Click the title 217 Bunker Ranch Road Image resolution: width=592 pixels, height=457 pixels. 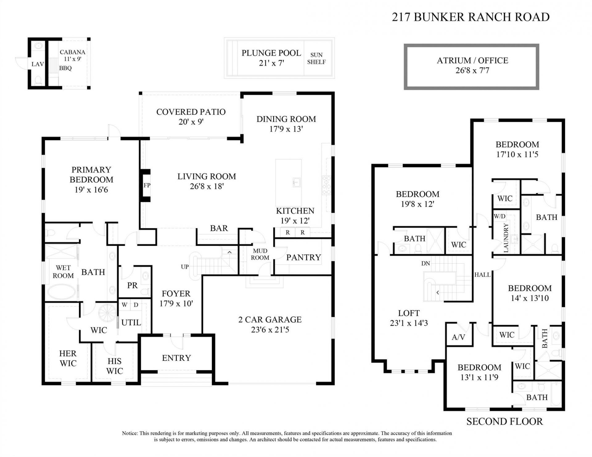471,17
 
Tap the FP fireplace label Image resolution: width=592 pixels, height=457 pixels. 147,185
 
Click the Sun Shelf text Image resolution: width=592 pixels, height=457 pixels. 316,58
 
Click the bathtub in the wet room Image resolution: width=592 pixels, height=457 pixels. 62,292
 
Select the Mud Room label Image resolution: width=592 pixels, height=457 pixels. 260,254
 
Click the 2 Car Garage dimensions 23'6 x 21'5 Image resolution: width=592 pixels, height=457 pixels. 270,330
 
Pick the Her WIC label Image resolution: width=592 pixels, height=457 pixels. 68,358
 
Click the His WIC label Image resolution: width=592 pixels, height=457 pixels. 114,366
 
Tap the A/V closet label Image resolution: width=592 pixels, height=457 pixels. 458,337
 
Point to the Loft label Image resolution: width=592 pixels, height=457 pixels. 409,313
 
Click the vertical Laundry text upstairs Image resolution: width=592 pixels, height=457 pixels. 506,238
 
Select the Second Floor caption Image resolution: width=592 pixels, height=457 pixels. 504,421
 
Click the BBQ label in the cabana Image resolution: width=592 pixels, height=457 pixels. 65,68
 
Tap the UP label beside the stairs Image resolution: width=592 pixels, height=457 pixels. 185,267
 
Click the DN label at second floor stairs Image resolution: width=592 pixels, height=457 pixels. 425,263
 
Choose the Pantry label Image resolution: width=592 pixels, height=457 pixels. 303,257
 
